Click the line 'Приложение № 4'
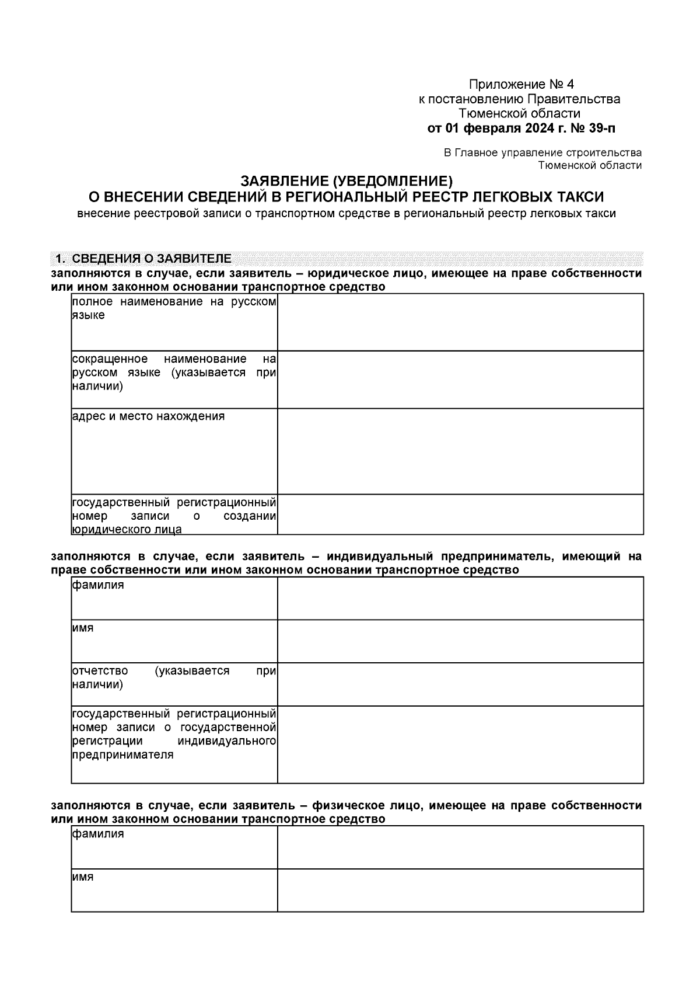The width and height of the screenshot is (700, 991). [521, 84]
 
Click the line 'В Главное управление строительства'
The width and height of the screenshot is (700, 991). [542, 153]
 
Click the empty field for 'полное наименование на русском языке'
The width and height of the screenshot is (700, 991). [460, 322]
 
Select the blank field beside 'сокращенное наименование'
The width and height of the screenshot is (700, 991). [460, 379]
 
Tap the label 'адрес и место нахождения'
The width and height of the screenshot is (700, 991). [148, 416]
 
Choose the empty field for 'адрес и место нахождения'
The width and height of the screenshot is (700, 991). [460, 451]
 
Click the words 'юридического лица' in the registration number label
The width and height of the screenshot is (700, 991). [127, 530]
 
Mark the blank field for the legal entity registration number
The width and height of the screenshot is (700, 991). [460, 514]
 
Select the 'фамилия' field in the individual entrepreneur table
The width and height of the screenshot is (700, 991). [460, 598]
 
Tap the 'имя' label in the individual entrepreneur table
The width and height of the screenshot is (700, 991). [83, 628]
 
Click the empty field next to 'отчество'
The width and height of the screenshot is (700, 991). [460, 684]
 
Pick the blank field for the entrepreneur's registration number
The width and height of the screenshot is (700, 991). [460, 744]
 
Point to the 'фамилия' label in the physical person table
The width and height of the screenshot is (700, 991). [98, 834]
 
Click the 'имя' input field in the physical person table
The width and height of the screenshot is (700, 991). [460, 890]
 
